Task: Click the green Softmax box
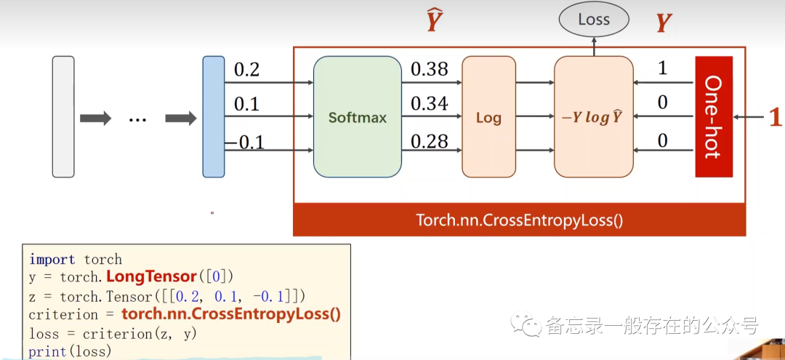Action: pyautogui.click(x=357, y=116)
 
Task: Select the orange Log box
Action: pyautogui.click(x=488, y=117)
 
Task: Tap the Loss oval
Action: pyautogui.click(x=594, y=20)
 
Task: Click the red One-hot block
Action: pyautogui.click(x=713, y=116)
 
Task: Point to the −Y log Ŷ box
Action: pyautogui.click(x=593, y=117)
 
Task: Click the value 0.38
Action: pyautogui.click(x=430, y=69)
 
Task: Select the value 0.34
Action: pyautogui.click(x=430, y=103)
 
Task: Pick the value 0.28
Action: pyautogui.click(x=430, y=141)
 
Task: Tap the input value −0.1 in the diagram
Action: pyautogui.click(x=244, y=142)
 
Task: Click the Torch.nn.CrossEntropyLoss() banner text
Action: pyautogui.click(x=519, y=220)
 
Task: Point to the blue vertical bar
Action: pyautogui.click(x=214, y=116)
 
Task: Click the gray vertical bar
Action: pyautogui.click(x=63, y=116)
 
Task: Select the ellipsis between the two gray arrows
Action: pyautogui.click(x=137, y=118)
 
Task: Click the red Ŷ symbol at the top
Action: pyautogui.click(x=434, y=22)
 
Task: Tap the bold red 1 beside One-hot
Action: pyautogui.click(x=775, y=117)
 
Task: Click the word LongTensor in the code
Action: pyautogui.click(x=151, y=277)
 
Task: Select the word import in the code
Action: pyautogui.click(x=52, y=260)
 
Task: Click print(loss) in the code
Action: pyautogui.click(x=70, y=351)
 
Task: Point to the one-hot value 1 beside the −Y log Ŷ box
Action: pyautogui.click(x=662, y=68)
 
